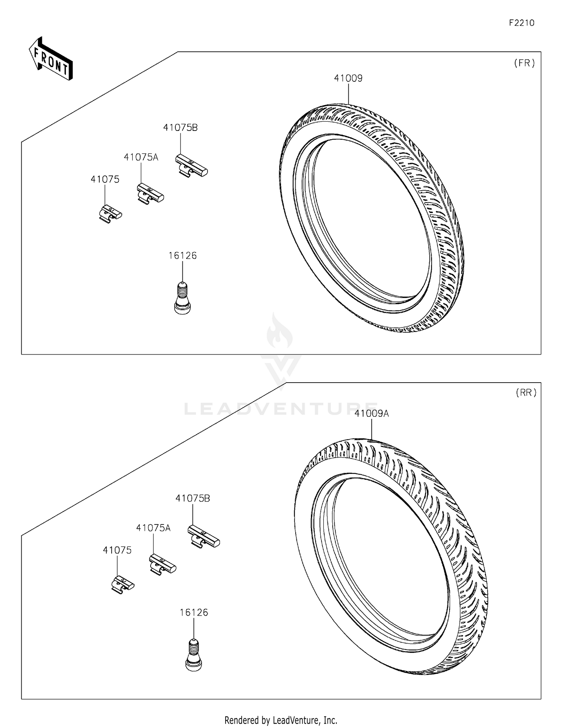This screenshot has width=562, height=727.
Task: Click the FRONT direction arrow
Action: coord(51,59)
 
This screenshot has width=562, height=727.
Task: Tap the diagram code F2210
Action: coord(521,23)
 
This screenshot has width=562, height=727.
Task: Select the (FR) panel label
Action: coord(524,63)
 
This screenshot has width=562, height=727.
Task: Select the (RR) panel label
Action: coord(526,393)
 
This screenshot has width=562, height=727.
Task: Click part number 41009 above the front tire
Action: coord(348,78)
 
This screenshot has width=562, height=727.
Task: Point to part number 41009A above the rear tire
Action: coord(371,414)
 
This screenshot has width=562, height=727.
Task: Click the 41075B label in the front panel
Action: coord(180,128)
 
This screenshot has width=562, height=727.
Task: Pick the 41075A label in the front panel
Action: coord(141,158)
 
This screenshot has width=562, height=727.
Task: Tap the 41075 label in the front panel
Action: coord(105,180)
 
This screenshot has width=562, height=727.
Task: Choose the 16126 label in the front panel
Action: coord(182,256)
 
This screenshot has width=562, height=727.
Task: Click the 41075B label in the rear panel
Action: coord(193,499)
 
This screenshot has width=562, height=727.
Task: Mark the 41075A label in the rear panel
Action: coord(153,528)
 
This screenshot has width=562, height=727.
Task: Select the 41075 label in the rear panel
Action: coord(117,550)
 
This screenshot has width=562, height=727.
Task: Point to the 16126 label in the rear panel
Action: coord(194,613)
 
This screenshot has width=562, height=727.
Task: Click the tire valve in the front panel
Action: coord(182,298)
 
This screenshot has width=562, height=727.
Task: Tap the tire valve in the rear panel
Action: coord(194,655)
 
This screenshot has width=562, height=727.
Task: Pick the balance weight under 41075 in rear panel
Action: coord(123,584)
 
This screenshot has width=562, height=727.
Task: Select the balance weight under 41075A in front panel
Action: coord(150,193)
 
